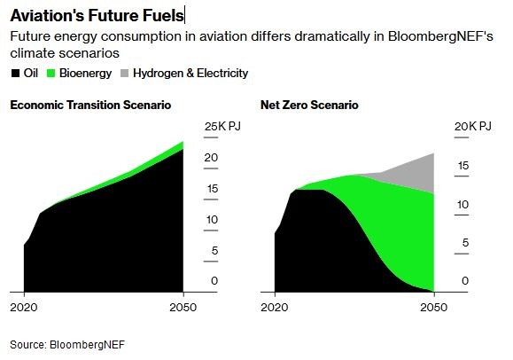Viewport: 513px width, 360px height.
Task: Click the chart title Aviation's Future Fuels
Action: (x=97, y=16)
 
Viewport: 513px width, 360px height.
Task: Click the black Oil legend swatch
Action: (x=15, y=73)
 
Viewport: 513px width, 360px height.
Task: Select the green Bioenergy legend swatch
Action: (x=51, y=73)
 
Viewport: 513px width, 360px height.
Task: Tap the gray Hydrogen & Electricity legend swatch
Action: (x=125, y=73)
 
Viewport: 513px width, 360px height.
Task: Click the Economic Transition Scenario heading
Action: (x=90, y=106)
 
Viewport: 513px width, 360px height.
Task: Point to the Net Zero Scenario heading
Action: (x=309, y=106)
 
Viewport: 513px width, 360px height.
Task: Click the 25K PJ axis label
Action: (x=222, y=126)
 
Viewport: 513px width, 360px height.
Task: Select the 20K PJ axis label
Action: (x=473, y=126)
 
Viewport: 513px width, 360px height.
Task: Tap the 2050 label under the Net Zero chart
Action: (x=434, y=308)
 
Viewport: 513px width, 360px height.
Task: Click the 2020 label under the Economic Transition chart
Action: (x=24, y=308)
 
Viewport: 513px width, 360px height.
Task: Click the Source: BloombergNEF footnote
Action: (x=67, y=345)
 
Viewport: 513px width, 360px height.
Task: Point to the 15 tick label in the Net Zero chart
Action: (x=463, y=166)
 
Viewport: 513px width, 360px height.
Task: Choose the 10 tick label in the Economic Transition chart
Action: (x=212, y=220)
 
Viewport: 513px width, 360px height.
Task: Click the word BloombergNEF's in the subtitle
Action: (x=440, y=36)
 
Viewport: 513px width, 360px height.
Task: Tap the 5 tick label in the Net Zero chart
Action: (x=465, y=243)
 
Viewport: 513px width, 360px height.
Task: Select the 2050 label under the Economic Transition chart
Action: (x=183, y=308)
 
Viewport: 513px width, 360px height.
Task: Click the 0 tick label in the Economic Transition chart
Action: (x=214, y=281)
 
